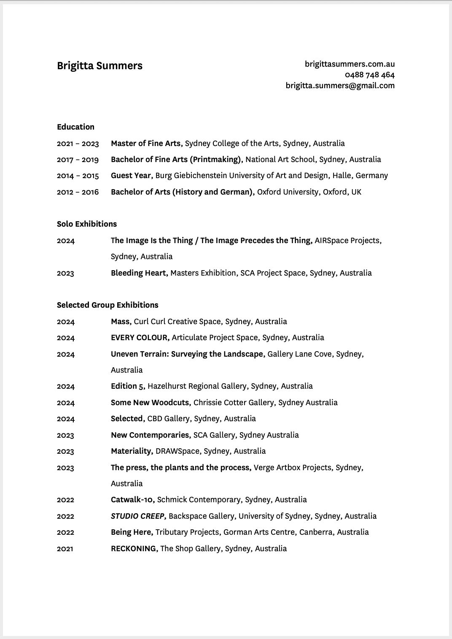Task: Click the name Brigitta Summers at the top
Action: (100, 66)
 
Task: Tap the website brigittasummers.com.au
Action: (350, 64)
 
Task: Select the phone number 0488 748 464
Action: (369, 75)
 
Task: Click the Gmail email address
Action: (340, 86)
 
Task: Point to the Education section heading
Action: (75, 127)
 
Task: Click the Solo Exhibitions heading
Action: (87, 224)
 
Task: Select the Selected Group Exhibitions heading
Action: (108, 305)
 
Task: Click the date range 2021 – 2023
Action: (78, 144)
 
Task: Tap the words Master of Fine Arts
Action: (146, 144)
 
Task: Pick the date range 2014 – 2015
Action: (78, 176)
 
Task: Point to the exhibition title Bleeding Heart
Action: (139, 273)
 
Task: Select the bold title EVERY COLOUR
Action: (140, 338)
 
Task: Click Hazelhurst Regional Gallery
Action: (197, 386)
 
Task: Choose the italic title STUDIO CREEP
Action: (138, 516)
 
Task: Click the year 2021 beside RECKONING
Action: (65, 549)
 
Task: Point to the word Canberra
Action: (315, 532)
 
